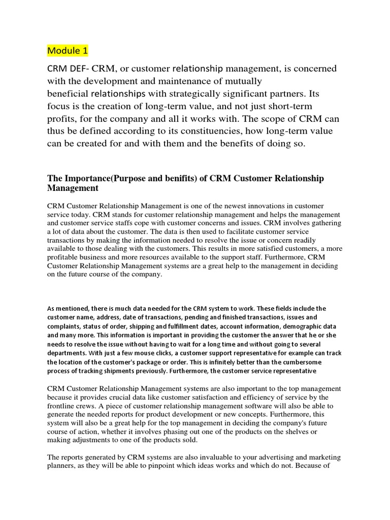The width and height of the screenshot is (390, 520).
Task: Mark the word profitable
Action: [67, 257]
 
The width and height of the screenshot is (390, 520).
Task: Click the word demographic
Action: [307, 326]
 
